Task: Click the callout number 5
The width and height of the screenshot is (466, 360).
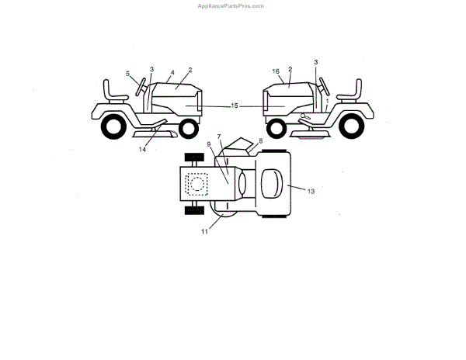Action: (128, 74)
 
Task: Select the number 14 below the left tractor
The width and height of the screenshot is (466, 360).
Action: (142, 150)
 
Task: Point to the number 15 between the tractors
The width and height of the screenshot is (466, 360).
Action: (235, 105)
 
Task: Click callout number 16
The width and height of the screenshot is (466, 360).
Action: (276, 71)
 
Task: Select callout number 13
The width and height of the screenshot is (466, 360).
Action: (311, 189)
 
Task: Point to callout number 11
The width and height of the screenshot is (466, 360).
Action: (205, 231)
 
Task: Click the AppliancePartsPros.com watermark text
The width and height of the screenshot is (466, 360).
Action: (232, 5)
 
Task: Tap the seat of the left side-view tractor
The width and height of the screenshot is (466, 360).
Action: (116, 89)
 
